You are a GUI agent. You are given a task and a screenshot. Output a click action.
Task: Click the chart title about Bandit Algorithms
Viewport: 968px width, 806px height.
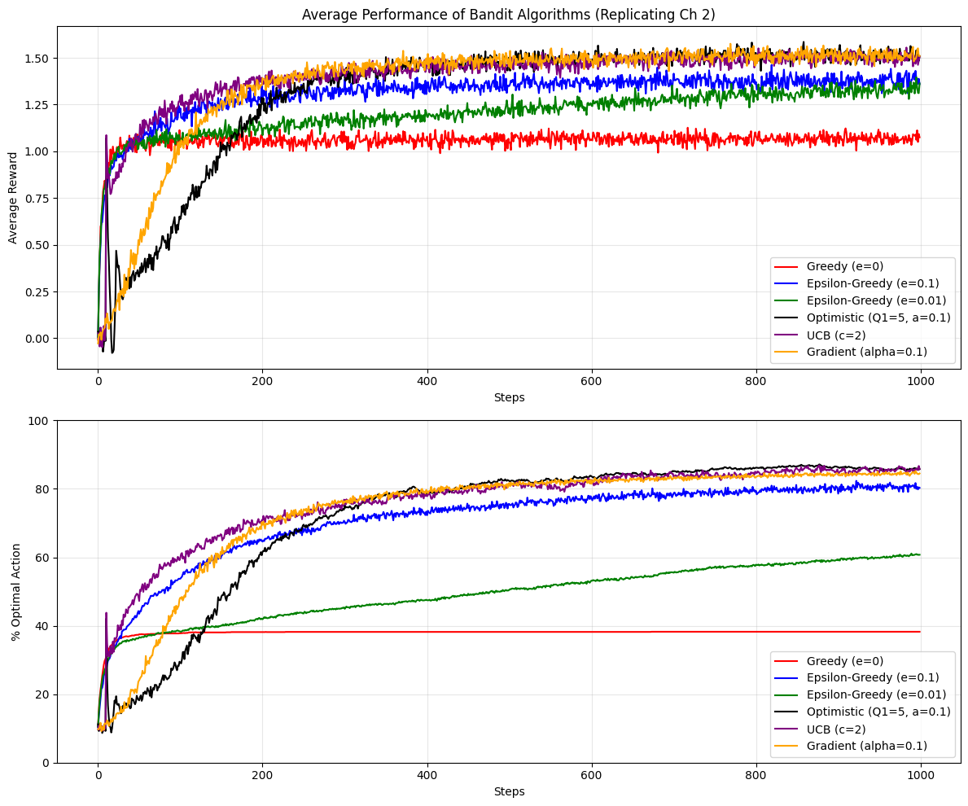[x=509, y=15]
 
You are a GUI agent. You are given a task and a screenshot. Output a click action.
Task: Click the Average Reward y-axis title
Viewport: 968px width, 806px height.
[x=12, y=198]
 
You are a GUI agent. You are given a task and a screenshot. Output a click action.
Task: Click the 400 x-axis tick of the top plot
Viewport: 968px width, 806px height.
[x=427, y=380]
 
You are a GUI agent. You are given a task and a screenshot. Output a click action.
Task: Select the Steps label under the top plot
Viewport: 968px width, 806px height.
[x=509, y=397]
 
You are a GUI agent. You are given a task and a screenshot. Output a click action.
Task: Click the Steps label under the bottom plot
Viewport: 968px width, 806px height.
[x=509, y=791]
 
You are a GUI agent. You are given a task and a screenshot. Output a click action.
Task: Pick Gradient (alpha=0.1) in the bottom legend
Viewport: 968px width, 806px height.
[x=866, y=746]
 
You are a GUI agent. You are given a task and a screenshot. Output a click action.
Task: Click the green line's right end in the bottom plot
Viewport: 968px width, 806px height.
[x=919, y=554]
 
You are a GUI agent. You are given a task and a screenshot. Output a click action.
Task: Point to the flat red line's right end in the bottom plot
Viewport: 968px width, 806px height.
[x=919, y=632]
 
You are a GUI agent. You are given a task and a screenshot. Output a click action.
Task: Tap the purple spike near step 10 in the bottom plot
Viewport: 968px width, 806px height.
[x=106, y=614]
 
